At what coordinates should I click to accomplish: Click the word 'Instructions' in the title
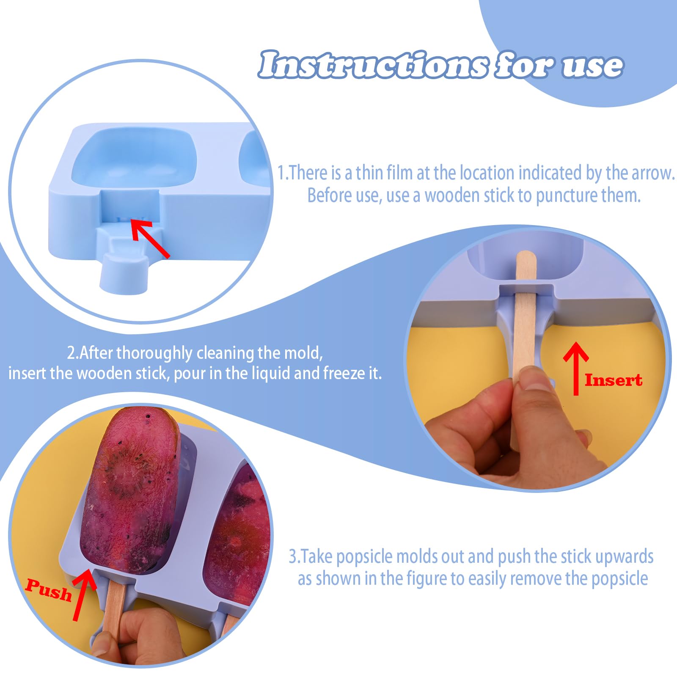tap(373, 65)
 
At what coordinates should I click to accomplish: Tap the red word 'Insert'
tap(614, 380)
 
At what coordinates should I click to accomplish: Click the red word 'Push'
tap(48, 589)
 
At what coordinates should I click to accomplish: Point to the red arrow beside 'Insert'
tap(575, 368)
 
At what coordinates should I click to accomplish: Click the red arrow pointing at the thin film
tap(150, 238)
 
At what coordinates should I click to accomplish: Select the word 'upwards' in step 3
tap(624, 557)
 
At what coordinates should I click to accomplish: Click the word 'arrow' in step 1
tap(652, 173)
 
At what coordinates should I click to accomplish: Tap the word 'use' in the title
tap(592, 66)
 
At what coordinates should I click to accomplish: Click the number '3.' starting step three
tap(294, 556)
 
